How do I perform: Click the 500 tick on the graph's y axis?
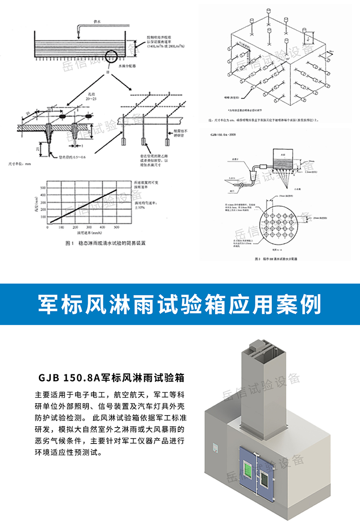click(43, 188)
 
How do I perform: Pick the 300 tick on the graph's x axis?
click(89, 227)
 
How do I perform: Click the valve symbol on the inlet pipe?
click(241, 184)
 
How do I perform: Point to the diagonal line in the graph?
click(82, 205)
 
